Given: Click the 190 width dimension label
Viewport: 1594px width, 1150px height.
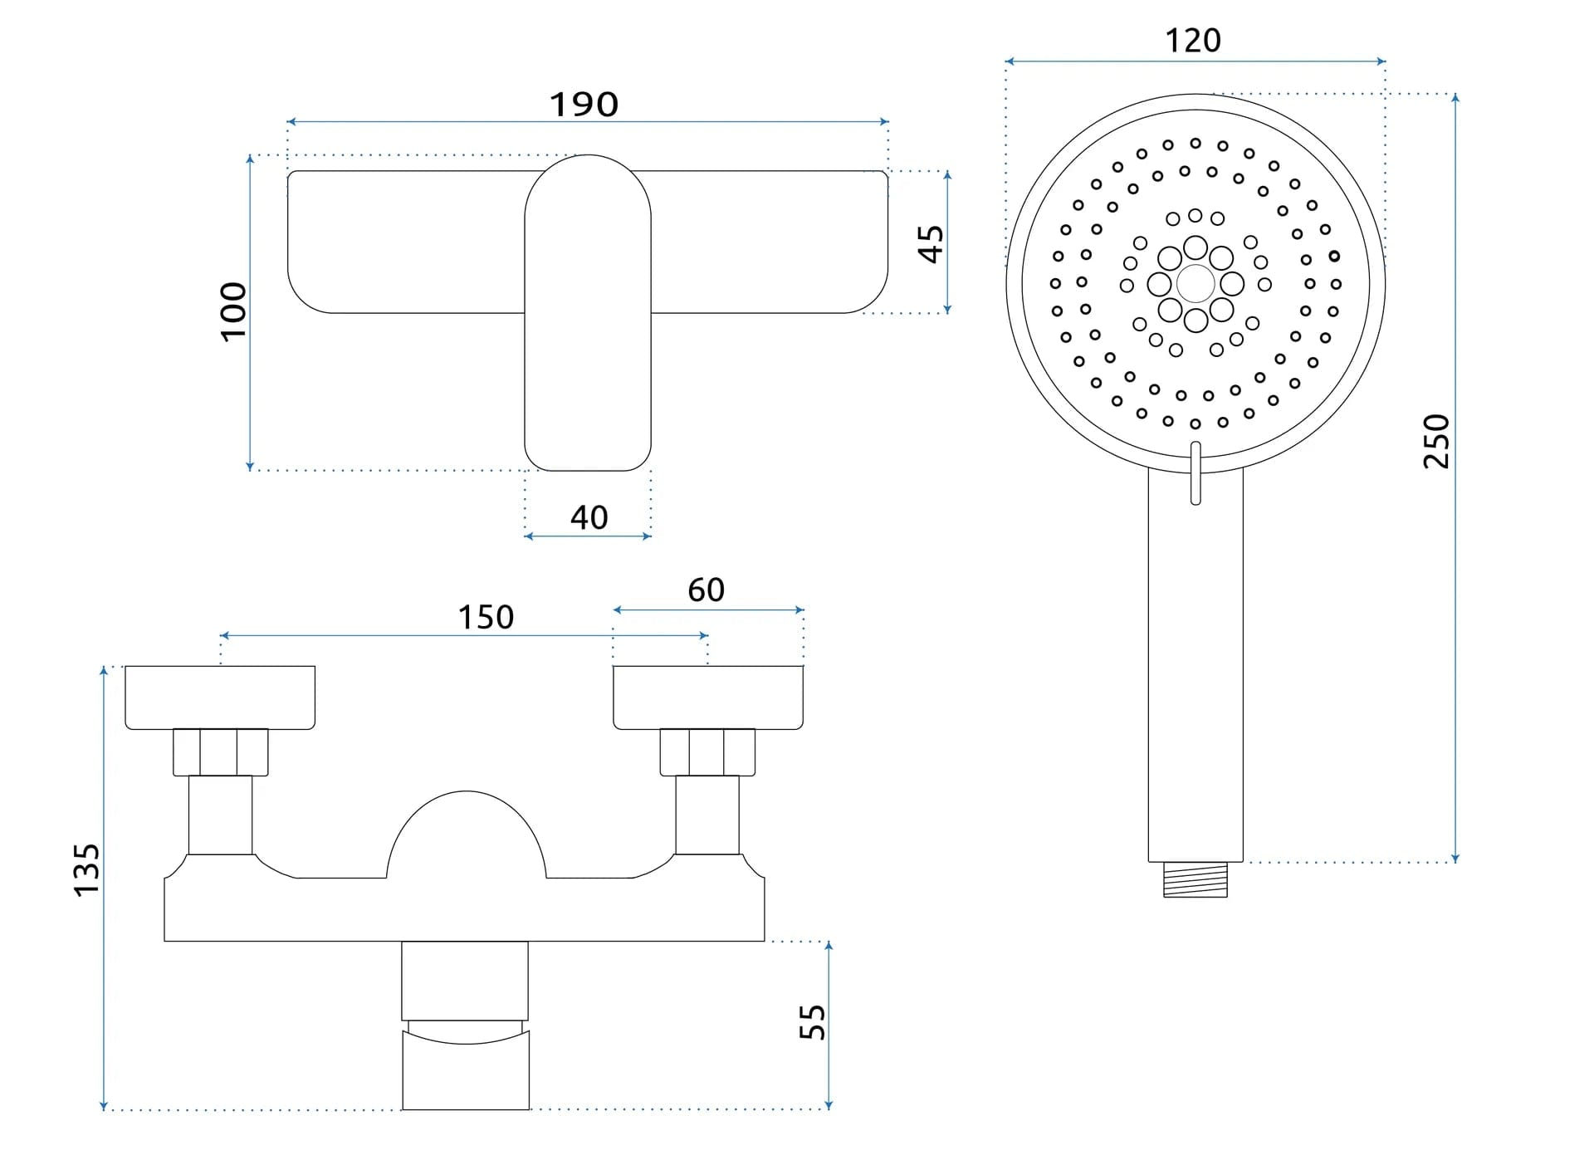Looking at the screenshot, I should pyautogui.click(x=584, y=105).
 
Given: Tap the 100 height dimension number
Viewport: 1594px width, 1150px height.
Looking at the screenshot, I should pyautogui.click(x=233, y=311).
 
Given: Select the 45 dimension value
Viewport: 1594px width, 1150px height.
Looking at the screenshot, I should pyautogui.click(x=931, y=243).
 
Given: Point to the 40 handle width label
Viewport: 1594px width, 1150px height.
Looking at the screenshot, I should pyautogui.click(x=589, y=517).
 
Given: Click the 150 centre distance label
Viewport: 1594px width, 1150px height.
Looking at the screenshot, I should pyautogui.click(x=486, y=617).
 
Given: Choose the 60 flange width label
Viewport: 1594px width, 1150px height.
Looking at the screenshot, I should pyautogui.click(x=706, y=590).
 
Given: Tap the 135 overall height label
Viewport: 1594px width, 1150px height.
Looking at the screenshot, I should pyautogui.click(x=86, y=869).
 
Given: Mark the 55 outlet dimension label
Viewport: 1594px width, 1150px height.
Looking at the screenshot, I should pyautogui.click(x=812, y=1022).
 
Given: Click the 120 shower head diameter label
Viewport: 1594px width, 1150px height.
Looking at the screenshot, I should pyautogui.click(x=1193, y=41).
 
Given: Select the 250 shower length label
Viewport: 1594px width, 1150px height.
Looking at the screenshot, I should pyautogui.click(x=1436, y=441).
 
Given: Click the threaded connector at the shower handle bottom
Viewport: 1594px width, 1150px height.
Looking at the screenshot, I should pyautogui.click(x=1195, y=880).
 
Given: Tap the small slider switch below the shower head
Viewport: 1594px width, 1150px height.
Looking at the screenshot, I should pyautogui.click(x=1195, y=473).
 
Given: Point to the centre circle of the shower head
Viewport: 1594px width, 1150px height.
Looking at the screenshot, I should pyautogui.click(x=1195, y=283).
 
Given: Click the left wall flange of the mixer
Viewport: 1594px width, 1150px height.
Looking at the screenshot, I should pyautogui.click(x=220, y=697).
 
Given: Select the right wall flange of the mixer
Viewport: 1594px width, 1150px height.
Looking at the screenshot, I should pyautogui.click(x=708, y=697).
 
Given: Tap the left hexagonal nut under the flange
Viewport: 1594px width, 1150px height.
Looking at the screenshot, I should pyautogui.click(x=220, y=752).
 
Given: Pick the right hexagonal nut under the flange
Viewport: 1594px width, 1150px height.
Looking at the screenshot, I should pyautogui.click(x=707, y=752).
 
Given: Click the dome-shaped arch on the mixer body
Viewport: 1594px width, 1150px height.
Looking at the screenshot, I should pyautogui.click(x=466, y=830).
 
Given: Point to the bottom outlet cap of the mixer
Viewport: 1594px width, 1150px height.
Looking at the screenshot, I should pyautogui.click(x=466, y=1069).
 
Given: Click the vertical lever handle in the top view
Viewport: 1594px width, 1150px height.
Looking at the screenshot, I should pyautogui.click(x=588, y=349).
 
